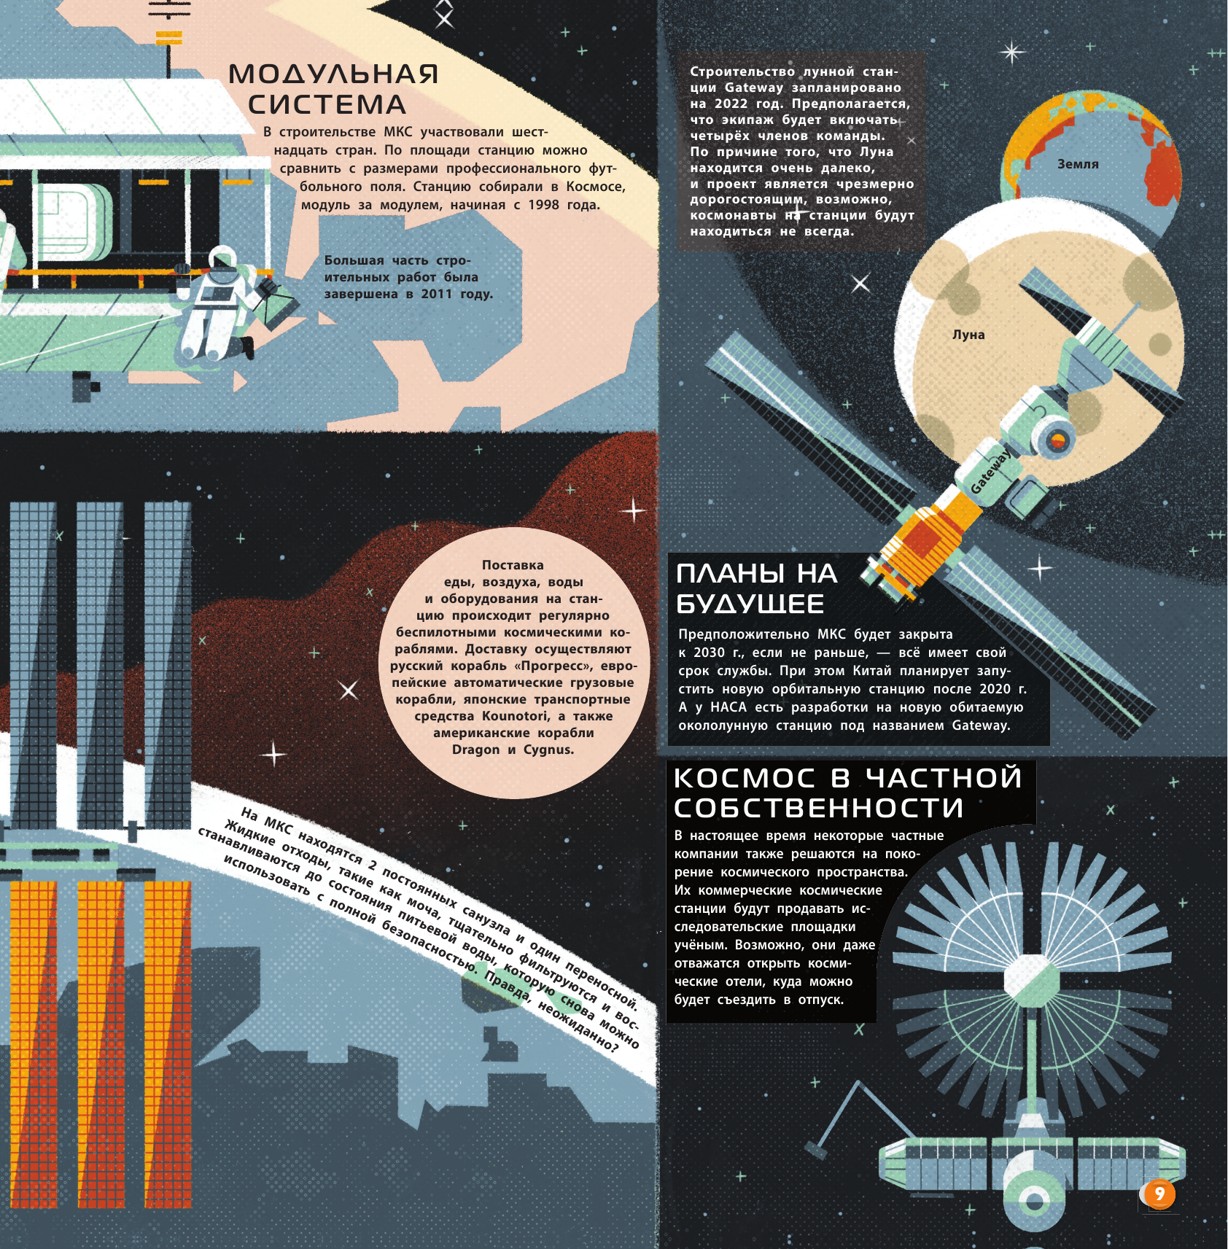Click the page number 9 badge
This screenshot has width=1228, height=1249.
click(1159, 1194)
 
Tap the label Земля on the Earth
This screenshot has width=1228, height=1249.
click(1078, 165)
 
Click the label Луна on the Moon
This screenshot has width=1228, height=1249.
click(968, 335)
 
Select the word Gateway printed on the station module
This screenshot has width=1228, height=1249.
click(991, 472)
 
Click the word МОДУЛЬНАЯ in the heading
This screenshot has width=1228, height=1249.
click(334, 74)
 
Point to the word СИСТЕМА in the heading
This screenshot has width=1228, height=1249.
click(327, 105)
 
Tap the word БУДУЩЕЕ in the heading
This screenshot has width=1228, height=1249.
click(750, 604)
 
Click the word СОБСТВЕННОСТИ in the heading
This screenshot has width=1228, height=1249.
click(819, 808)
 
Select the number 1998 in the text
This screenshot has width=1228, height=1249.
click(543, 205)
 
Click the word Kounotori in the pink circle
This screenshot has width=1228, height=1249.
click(516, 716)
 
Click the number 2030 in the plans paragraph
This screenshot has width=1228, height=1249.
click(709, 653)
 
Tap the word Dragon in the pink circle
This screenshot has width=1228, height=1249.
click(475, 750)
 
